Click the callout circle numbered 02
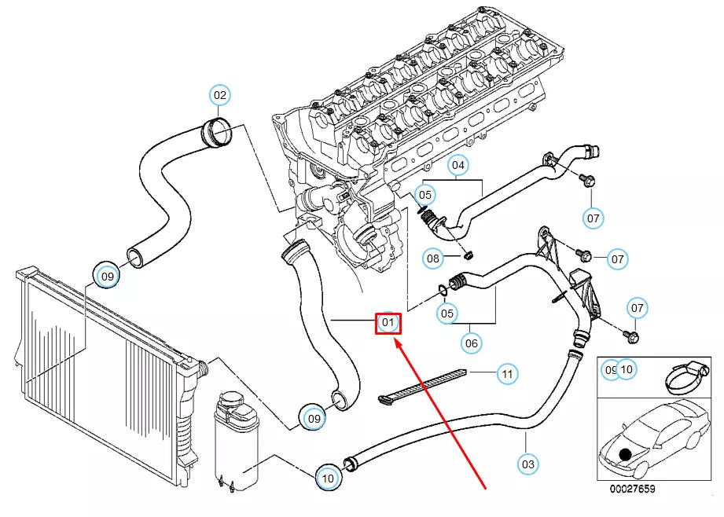220,96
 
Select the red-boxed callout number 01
388,322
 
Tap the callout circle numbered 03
528,464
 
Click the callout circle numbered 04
458,166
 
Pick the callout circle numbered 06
471,343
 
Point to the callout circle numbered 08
433,258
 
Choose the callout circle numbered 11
507,374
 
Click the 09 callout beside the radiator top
107,276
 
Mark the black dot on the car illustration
625,454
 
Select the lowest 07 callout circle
638,309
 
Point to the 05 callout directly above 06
447,313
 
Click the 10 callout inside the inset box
627,368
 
